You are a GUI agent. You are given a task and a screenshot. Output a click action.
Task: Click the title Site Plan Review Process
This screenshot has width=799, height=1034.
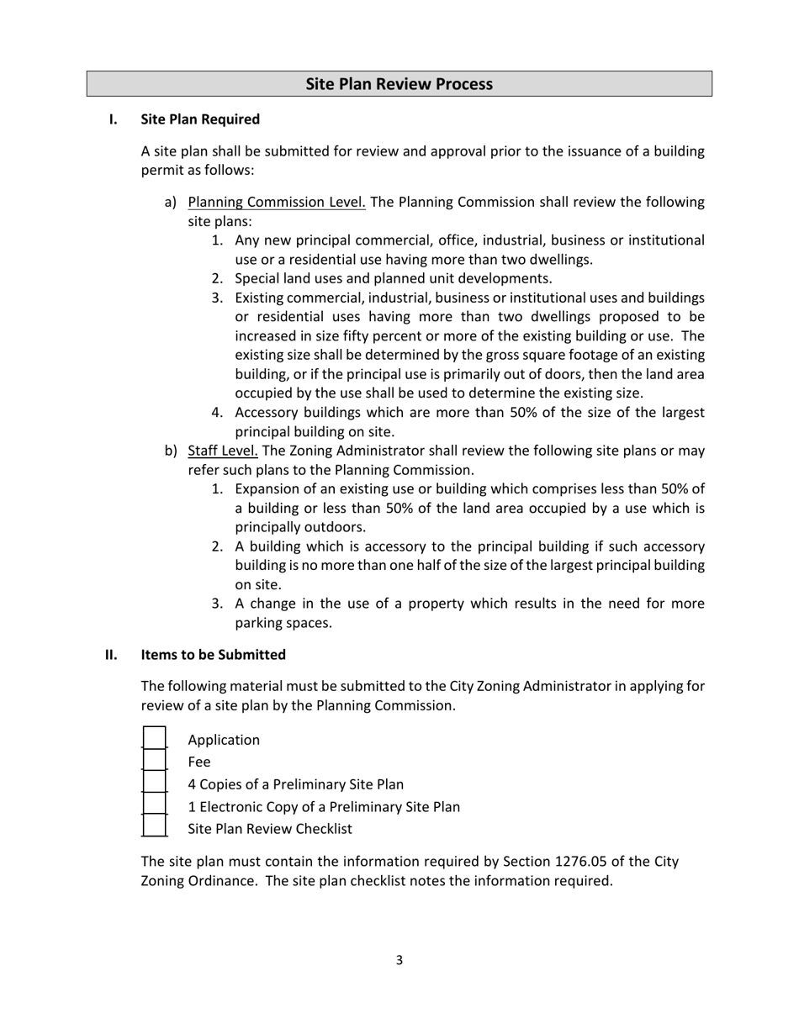click(399, 84)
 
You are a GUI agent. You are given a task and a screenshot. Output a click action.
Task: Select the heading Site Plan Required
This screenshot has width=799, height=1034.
click(200, 119)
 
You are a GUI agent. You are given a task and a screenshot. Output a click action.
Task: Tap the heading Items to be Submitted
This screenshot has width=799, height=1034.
click(213, 655)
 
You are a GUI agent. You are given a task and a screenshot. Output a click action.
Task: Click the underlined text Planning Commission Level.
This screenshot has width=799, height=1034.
click(277, 203)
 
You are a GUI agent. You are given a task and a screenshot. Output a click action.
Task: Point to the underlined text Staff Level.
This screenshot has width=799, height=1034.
click(223, 451)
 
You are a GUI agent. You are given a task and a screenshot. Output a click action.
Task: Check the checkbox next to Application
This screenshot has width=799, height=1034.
click(154, 738)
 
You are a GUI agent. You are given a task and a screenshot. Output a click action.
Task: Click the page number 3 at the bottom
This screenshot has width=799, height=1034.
click(399, 960)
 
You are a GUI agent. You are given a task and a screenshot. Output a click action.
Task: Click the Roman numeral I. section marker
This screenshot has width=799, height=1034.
click(113, 119)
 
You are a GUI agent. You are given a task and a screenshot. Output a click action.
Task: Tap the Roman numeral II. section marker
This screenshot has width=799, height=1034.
click(111, 655)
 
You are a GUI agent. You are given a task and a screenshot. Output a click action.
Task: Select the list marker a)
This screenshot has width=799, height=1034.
click(171, 203)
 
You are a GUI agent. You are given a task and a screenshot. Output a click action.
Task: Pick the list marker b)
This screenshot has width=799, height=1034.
click(171, 451)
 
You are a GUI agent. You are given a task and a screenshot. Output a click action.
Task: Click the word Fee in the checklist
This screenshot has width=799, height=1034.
click(199, 762)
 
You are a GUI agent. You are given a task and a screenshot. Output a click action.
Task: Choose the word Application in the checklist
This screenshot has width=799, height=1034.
click(224, 741)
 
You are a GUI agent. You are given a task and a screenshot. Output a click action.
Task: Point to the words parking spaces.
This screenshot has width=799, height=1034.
click(283, 624)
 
